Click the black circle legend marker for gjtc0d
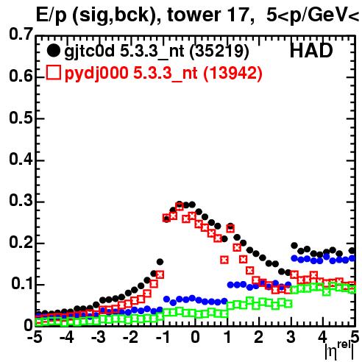click(53, 51)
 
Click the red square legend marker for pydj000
click(53, 72)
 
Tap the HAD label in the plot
click(311, 51)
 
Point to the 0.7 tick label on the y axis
click(21, 34)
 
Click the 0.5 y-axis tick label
click(21, 118)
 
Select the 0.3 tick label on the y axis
click(21, 200)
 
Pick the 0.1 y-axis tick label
click(22, 284)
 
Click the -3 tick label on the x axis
click(99, 337)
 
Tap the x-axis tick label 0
click(195, 337)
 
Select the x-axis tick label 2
click(258, 337)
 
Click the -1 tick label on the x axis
click(163, 337)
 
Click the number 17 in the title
click(238, 15)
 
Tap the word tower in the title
click(194, 15)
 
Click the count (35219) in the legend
click(219, 51)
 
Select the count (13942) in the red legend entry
click(233, 73)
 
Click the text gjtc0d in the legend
click(90, 52)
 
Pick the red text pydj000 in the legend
click(96, 74)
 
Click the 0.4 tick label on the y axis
click(21, 159)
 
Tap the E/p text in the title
click(52, 16)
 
